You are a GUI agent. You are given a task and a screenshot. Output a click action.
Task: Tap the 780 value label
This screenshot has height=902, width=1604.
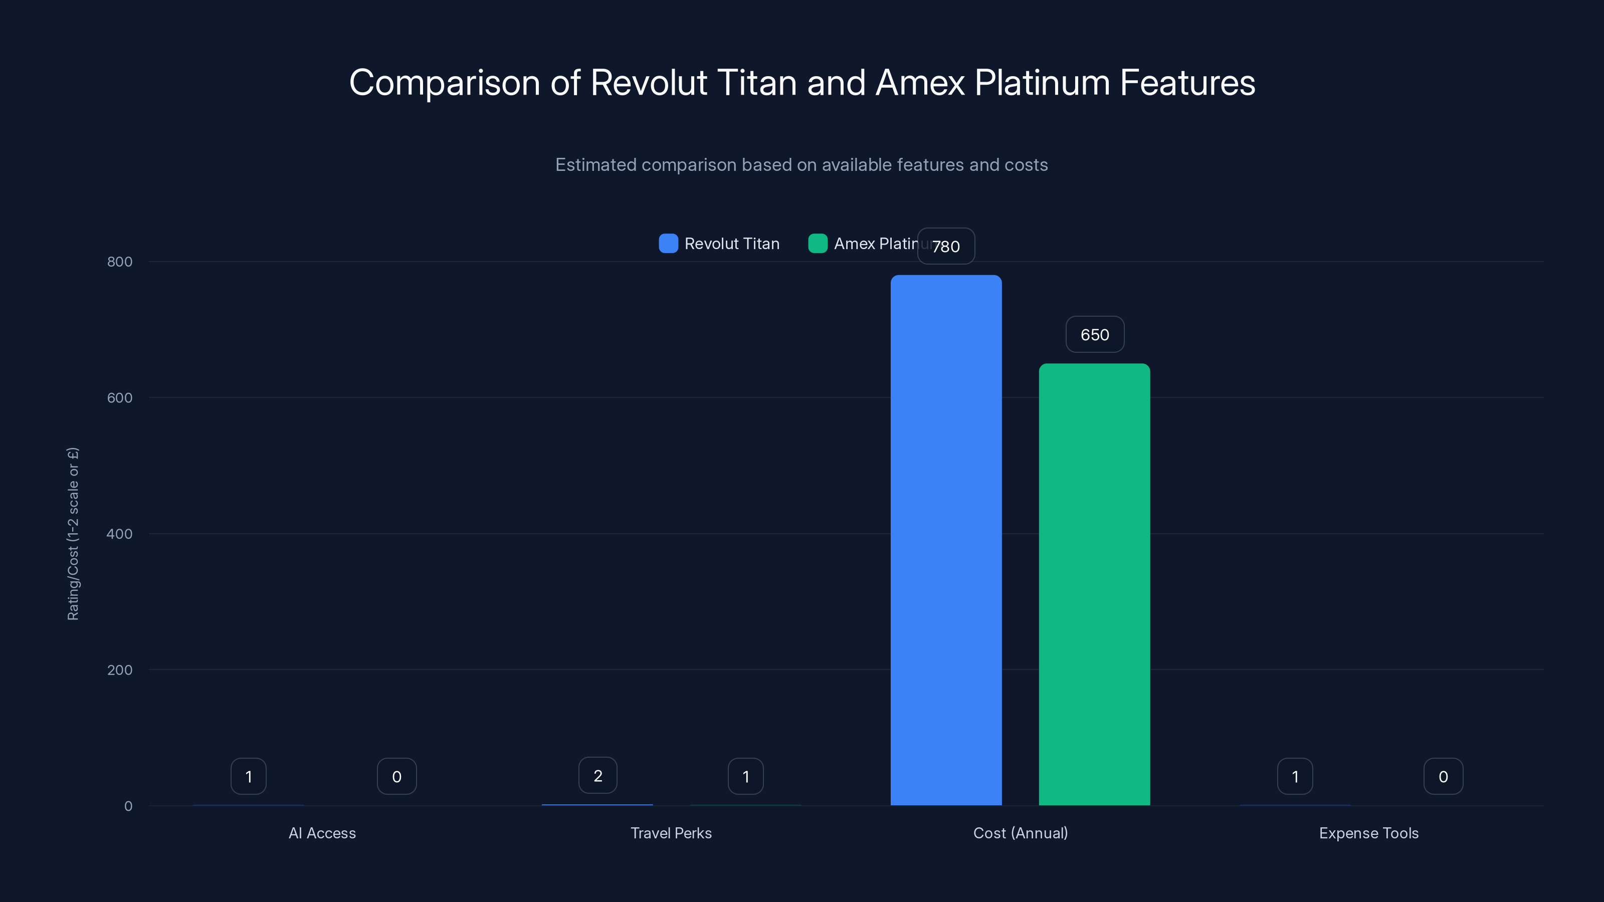coord(946,247)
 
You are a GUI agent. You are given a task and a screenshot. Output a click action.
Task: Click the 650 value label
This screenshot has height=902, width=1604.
coord(1095,335)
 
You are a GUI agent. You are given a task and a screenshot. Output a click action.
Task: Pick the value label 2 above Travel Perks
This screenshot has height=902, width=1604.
coord(598,776)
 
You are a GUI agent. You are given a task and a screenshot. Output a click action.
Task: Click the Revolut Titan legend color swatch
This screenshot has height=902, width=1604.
coord(668,244)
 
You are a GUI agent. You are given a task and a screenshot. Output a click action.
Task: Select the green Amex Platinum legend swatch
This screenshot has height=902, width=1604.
coord(818,244)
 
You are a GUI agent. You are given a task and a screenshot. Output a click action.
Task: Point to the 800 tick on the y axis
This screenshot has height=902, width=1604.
coord(120,262)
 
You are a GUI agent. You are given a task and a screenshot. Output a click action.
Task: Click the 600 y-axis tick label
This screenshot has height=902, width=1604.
coord(120,398)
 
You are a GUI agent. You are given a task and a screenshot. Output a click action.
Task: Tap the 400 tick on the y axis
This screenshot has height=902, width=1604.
coord(120,534)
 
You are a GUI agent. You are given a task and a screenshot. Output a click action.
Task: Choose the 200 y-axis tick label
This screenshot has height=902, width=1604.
coord(120,670)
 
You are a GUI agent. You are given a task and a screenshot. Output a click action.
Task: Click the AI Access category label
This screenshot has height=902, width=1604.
coord(322,833)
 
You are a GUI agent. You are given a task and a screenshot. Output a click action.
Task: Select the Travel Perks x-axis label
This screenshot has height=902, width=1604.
coord(671,833)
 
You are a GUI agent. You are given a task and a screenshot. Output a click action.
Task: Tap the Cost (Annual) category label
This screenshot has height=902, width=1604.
coord(1020,833)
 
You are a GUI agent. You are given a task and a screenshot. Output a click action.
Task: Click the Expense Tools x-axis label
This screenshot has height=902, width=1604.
coord(1368,833)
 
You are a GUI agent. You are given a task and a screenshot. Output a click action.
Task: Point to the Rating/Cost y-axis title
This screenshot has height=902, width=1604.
coord(73,534)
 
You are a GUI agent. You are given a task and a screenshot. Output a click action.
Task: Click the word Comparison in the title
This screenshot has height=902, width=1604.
coord(444,83)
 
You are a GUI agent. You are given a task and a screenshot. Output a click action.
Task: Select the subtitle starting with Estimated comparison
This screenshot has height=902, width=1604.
coord(801,165)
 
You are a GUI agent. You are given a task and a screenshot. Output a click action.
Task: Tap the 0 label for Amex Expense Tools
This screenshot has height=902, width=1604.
coord(1443,776)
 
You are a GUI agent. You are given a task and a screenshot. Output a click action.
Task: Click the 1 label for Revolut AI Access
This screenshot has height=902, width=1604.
coord(249,776)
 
